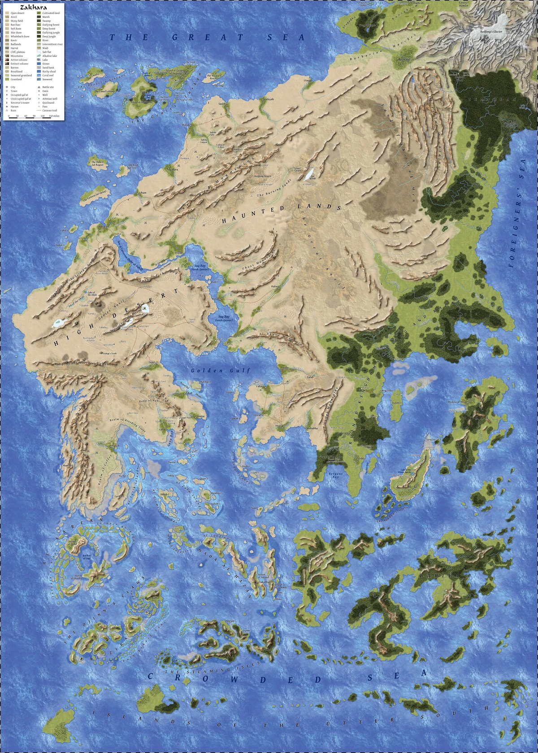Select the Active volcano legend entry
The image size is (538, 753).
click(x=19, y=60)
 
